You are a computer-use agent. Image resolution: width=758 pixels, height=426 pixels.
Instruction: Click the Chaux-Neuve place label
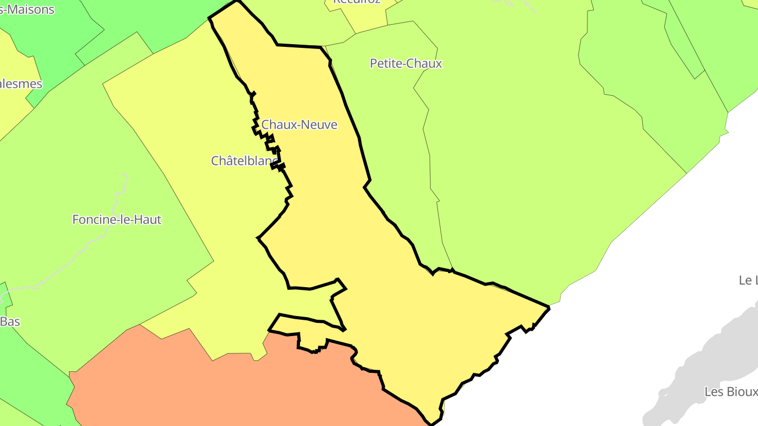coord(299,125)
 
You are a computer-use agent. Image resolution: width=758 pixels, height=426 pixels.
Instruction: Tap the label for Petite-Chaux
coord(406,64)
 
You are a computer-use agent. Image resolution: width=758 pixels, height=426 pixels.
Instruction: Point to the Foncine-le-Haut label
coord(116,219)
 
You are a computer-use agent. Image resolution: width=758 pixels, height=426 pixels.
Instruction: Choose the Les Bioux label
coord(731,392)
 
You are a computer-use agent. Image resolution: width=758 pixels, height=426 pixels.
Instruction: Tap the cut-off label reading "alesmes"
coord(21,84)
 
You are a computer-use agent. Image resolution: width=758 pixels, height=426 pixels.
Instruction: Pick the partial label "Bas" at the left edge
coord(10,321)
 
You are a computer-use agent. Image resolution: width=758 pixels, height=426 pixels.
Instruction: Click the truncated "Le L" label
coord(747,280)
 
